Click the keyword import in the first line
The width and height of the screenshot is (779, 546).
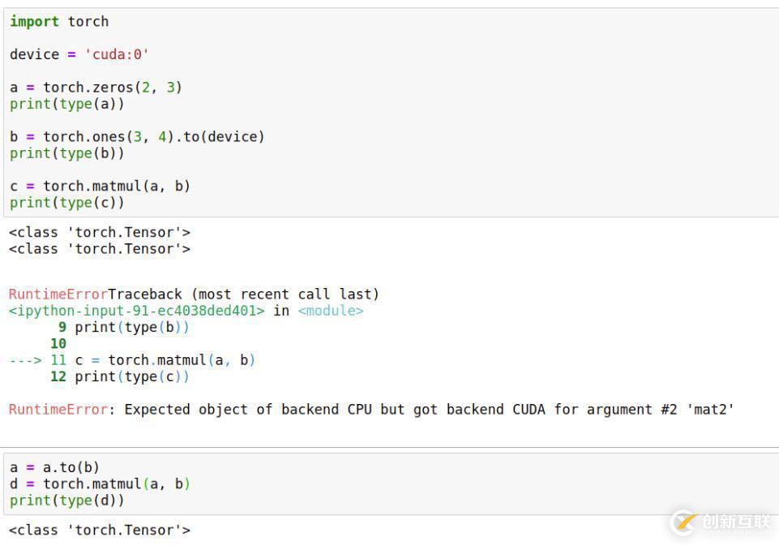point(34,22)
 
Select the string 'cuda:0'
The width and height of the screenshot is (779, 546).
point(117,54)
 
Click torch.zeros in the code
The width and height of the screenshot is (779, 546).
point(88,88)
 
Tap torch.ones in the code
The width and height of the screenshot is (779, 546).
point(84,137)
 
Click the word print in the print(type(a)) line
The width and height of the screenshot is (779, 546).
point(30,105)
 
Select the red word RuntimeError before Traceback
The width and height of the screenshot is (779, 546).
point(58,294)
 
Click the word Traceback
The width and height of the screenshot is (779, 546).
point(145,294)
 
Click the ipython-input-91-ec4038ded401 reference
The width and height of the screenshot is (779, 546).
point(137,311)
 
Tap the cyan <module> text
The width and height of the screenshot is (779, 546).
point(331,311)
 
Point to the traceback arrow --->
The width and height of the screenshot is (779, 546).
point(25,360)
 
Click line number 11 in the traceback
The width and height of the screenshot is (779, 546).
point(58,360)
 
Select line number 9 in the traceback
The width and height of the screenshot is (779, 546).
point(62,327)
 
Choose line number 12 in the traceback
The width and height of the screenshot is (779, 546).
point(58,376)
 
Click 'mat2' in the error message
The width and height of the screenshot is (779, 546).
point(710,409)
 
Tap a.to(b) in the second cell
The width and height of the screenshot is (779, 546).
point(71,467)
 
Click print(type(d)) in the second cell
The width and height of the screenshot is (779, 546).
point(66,501)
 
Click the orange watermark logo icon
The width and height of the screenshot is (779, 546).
point(684,522)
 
